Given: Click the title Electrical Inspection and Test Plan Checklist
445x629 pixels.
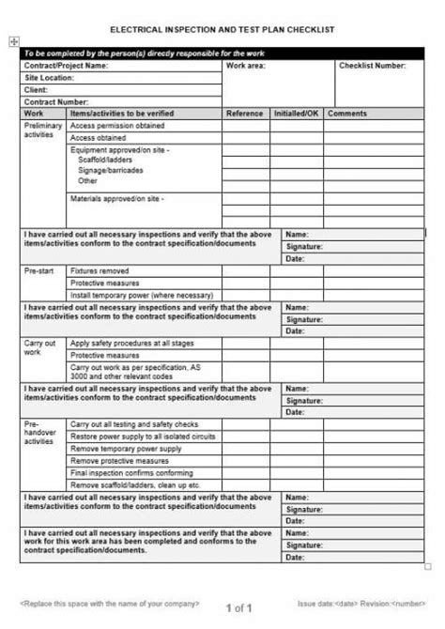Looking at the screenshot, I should (x=222, y=29).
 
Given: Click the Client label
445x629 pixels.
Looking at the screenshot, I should (x=38, y=90).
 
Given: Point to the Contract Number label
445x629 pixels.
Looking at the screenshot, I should (x=57, y=101).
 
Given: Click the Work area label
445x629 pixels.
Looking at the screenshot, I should (x=245, y=67).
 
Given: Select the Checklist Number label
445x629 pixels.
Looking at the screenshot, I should (x=373, y=67).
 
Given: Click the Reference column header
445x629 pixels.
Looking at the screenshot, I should (x=245, y=113).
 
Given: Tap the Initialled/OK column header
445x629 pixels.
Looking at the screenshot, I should (x=296, y=113).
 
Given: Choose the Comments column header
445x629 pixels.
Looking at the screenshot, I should (x=347, y=113).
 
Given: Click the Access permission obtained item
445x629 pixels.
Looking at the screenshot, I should (x=117, y=125).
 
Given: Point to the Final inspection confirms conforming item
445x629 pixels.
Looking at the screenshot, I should (x=131, y=472).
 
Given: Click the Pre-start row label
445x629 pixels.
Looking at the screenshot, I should (x=38, y=270).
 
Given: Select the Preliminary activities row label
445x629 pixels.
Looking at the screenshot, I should (x=40, y=130).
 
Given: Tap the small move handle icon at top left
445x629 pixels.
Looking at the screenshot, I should (x=12, y=40).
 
